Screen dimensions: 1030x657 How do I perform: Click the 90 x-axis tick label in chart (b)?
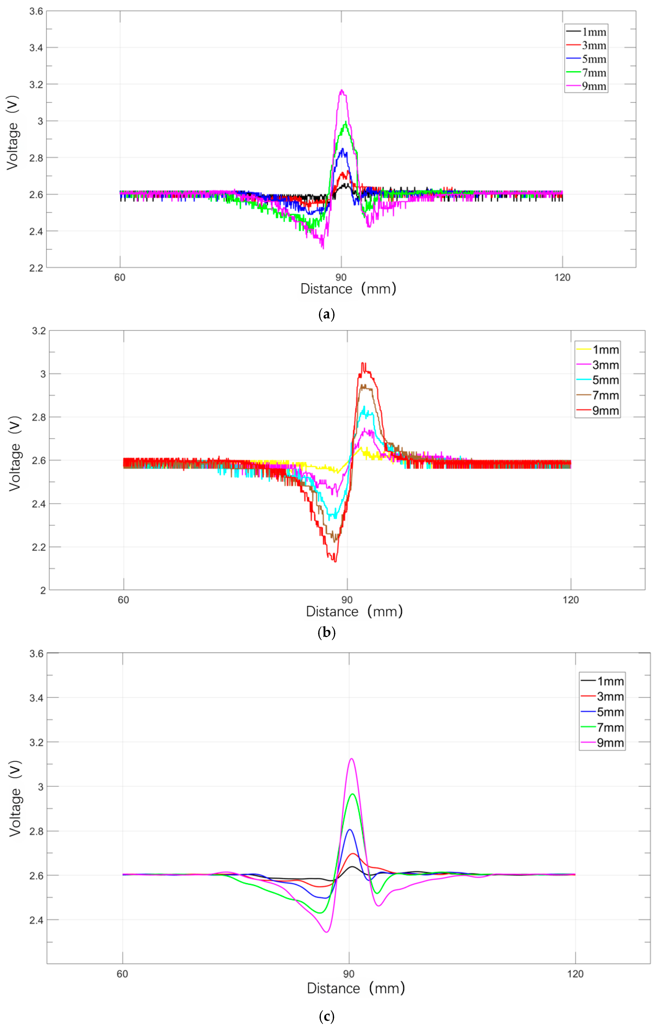click(347, 600)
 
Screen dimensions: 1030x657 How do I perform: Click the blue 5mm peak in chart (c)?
click(350, 829)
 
